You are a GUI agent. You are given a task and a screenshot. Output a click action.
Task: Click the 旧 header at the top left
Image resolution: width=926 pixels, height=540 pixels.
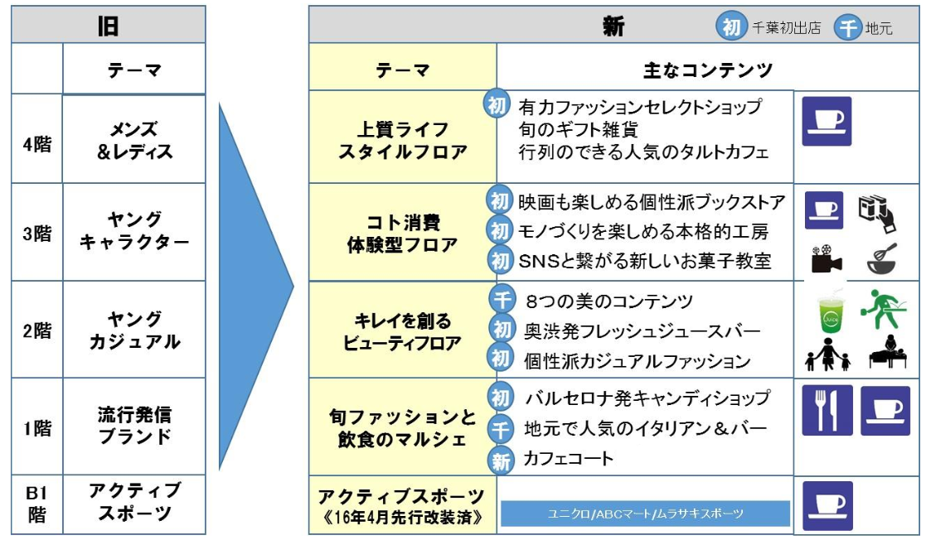click(x=108, y=26)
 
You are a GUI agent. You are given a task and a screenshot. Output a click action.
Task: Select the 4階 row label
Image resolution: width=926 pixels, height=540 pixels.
click(x=36, y=142)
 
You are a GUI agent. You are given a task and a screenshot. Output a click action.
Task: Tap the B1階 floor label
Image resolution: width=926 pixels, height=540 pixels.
click(x=36, y=504)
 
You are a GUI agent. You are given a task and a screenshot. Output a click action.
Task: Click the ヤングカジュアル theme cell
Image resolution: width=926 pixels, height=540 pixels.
click(x=134, y=330)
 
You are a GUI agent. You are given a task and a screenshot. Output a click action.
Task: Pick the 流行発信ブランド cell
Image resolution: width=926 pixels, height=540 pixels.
click(x=134, y=425)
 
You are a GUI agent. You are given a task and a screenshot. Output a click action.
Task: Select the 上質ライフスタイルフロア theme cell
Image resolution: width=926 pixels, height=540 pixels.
click(x=402, y=141)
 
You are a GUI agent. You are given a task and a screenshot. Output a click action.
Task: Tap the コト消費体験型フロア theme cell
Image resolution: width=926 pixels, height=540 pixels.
click(x=402, y=234)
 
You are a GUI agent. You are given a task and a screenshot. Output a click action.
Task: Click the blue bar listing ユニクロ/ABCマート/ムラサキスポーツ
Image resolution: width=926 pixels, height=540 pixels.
click(x=645, y=514)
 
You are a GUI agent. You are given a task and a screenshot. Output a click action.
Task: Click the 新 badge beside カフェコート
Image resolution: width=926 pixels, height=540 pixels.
click(x=501, y=460)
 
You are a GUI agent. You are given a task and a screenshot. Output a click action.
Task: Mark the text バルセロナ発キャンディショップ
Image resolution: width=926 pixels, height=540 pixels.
click(x=647, y=398)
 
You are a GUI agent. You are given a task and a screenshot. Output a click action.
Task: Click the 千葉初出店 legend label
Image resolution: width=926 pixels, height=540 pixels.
click(x=786, y=28)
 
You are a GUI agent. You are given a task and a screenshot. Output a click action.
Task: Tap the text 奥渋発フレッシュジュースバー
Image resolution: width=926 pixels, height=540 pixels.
click(x=642, y=331)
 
